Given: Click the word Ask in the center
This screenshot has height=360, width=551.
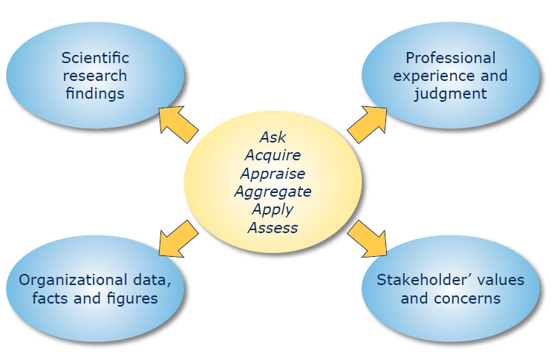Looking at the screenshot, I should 273,137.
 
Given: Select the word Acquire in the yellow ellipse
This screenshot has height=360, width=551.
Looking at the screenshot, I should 273,155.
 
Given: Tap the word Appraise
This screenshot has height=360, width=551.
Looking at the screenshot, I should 273,174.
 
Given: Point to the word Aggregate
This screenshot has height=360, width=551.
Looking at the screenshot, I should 273,192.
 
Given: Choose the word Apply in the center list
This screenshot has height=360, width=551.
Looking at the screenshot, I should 273,209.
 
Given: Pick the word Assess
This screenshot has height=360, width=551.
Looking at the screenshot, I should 273,227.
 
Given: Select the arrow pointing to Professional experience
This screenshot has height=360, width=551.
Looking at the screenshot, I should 367,122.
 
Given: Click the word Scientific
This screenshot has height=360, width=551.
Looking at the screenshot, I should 95,58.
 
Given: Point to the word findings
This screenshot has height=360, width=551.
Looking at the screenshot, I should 95,94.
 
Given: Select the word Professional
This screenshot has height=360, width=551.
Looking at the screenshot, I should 451,58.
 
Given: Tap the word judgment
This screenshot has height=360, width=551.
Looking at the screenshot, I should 451,94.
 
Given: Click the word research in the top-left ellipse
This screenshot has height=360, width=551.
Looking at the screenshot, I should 95,76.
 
